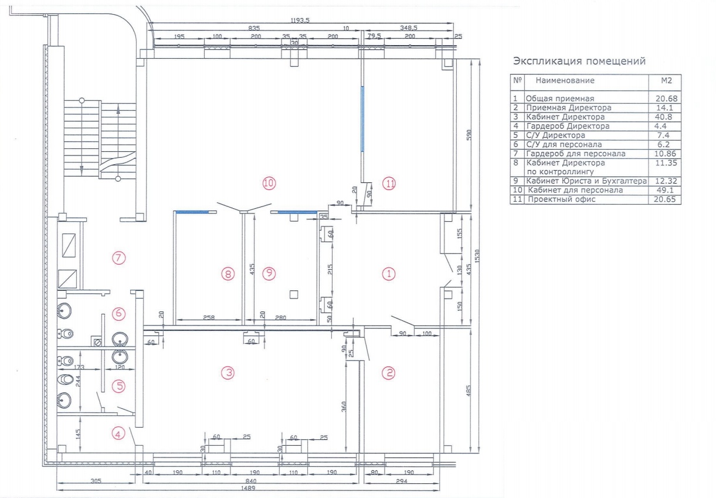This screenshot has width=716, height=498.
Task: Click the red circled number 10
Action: coord(269,183)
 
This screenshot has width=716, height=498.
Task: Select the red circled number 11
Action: coord(389,184)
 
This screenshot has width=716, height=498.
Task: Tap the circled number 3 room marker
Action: coord(228,372)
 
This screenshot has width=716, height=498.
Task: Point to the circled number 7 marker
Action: coord(118,258)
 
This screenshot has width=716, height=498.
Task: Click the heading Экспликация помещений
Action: coord(579,61)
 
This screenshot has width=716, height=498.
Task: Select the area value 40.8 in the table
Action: coord(663,117)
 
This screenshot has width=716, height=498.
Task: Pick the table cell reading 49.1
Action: coord(665,190)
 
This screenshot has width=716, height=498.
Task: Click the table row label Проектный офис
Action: coord(561,199)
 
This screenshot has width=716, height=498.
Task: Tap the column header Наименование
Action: coord(565,80)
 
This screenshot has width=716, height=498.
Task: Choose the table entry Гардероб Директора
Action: coord(568,126)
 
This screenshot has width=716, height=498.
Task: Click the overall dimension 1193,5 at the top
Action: coord(300,21)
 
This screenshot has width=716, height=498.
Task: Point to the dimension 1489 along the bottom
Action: coord(248,488)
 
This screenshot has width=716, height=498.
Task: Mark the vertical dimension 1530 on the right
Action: coord(477,256)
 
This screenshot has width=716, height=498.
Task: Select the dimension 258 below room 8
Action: coord(209,318)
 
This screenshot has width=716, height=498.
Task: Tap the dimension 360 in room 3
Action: coord(344,406)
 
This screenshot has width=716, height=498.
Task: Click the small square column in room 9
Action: coord(294,294)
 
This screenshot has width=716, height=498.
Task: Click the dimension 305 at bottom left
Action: coord(96,481)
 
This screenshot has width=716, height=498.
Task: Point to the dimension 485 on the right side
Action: coord(469,391)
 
